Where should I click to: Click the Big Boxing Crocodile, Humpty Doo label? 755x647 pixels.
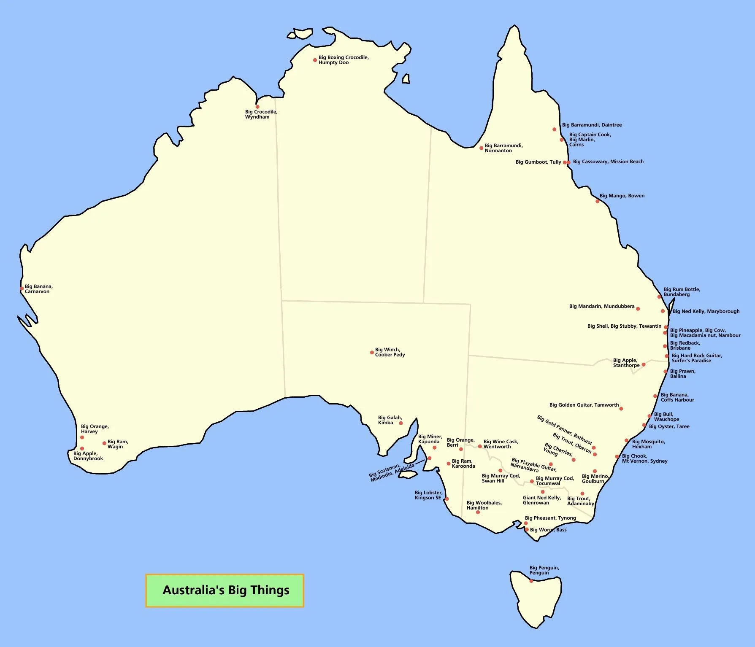pos(343,60)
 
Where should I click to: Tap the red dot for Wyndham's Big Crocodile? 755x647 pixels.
pos(257,107)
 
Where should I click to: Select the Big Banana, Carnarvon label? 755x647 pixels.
pos(38,289)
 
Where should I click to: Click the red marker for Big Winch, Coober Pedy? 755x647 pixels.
pos(372,352)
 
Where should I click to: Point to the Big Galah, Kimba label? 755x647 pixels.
pos(390,420)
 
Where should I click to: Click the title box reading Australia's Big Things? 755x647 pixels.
pos(225,590)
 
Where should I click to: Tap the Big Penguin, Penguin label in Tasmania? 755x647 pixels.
pos(544,570)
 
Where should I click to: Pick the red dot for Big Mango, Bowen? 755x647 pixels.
pos(597,201)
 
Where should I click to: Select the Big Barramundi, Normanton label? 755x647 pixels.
pos(503,148)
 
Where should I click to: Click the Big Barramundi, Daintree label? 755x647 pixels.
pos(592,125)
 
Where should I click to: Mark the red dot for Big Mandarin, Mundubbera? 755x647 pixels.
pos(638,309)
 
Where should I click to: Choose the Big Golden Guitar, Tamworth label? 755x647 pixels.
pos(584,405)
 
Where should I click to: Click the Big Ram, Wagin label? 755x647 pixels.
pos(117,444)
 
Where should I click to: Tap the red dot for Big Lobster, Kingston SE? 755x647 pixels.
pos(447,499)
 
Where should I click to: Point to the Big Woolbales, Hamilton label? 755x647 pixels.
pos(484,505)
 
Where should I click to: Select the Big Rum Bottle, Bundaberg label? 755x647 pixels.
pos(682,292)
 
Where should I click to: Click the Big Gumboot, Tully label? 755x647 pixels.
pos(538,162)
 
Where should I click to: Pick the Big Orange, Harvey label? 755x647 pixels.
pos(95,429)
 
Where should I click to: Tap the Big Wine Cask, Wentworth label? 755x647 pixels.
pos(501,444)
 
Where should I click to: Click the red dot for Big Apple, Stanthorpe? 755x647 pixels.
pos(643,364)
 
